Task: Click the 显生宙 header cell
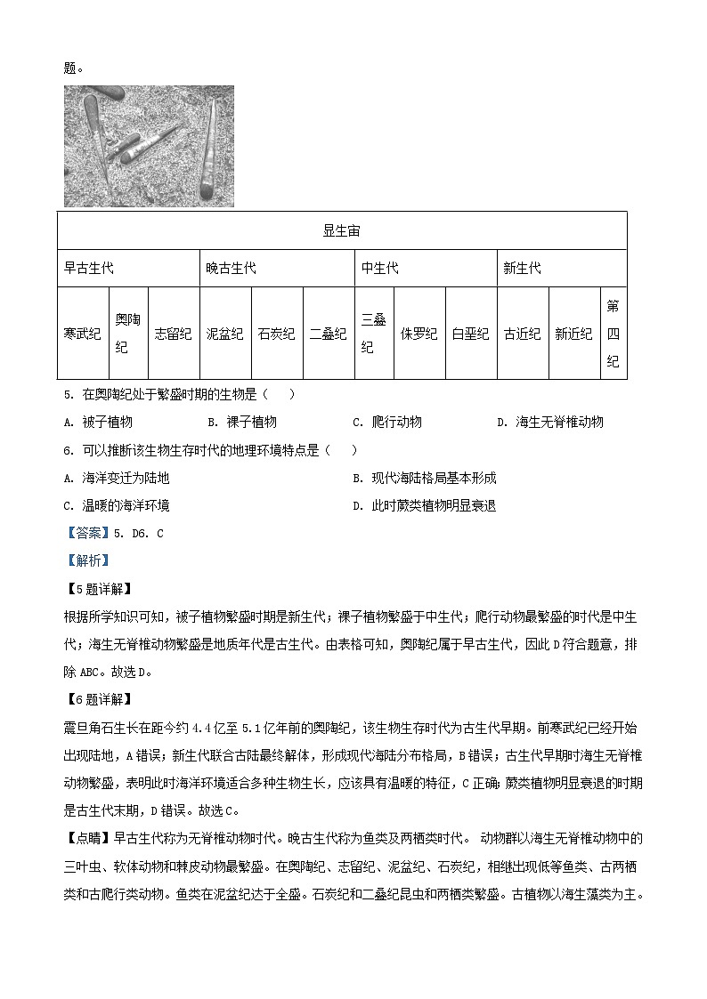click(x=342, y=230)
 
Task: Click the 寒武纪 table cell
click(x=83, y=334)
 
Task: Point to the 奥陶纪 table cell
click(x=128, y=334)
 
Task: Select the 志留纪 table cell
click(x=173, y=334)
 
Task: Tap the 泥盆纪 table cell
click(x=224, y=334)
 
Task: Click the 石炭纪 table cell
click(x=276, y=334)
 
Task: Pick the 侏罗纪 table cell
click(x=419, y=334)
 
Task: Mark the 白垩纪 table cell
click(x=470, y=334)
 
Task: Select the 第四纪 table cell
click(x=613, y=334)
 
